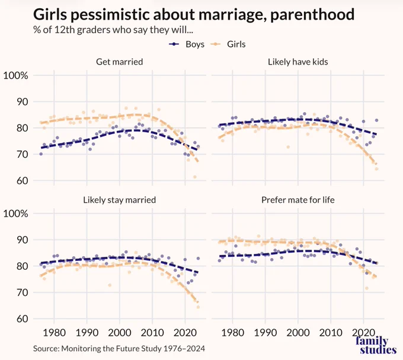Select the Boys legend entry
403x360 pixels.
tap(187, 44)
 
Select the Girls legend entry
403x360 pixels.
tap(228, 44)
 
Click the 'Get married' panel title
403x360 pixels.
tap(120, 62)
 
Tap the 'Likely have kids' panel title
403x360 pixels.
tap(298, 62)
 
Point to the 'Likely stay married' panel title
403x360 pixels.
tap(120, 200)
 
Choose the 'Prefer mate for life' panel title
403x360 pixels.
tap(298, 200)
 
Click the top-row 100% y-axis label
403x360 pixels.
tap(15, 75)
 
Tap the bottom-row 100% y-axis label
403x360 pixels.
tap(15, 214)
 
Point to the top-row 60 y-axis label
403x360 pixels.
tap(22, 181)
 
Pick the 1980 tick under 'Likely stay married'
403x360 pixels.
tap(54, 333)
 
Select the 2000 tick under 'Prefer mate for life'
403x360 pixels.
tap(298, 333)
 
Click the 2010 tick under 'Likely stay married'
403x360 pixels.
tap(152, 333)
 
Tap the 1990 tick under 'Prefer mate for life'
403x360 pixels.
tap(266, 333)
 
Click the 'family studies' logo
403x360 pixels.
tap(376, 346)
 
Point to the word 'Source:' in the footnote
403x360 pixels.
tap(46, 349)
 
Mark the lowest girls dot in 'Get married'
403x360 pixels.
tap(195, 177)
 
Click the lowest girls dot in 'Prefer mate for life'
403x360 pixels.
tap(367, 288)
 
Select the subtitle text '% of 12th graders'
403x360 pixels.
tap(72, 30)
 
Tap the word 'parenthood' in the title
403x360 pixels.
tap(312, 15)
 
